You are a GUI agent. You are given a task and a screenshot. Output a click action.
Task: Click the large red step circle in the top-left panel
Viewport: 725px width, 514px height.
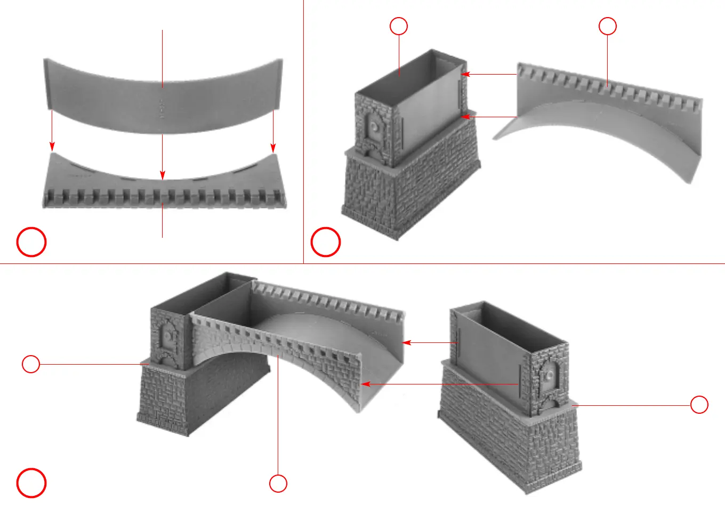pyautogui.click(x=31, y=242)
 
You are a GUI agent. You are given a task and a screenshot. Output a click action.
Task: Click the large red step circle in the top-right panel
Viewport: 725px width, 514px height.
pyautogui.click(x=326, y=242)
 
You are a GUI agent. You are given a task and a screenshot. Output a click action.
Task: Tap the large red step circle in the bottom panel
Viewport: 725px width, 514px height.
pyautogui.click(x=31, y=483)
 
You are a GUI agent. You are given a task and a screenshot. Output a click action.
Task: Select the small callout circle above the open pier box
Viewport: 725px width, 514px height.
pyautogui.click(x=399, y=26)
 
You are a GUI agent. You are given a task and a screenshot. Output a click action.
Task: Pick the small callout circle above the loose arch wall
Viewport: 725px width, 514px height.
pyautogui.click(x=608, y=26)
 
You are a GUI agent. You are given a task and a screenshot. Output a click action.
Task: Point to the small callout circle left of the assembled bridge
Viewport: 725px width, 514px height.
pyautogui.click(x=31, y=364)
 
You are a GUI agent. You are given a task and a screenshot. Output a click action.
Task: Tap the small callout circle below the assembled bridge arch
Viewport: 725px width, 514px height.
pyautogui.click(x=278, y=484)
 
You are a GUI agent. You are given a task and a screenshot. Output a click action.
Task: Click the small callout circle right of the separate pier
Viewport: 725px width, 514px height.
pyautogui.click(x=699, y=405)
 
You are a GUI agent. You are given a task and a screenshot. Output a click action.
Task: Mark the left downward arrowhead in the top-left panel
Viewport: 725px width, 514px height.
pyautogui.click(x=52, y=147)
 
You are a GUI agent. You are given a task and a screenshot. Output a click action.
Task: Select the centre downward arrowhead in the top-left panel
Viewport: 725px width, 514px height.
pyautogui.click(x=162, y=175)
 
